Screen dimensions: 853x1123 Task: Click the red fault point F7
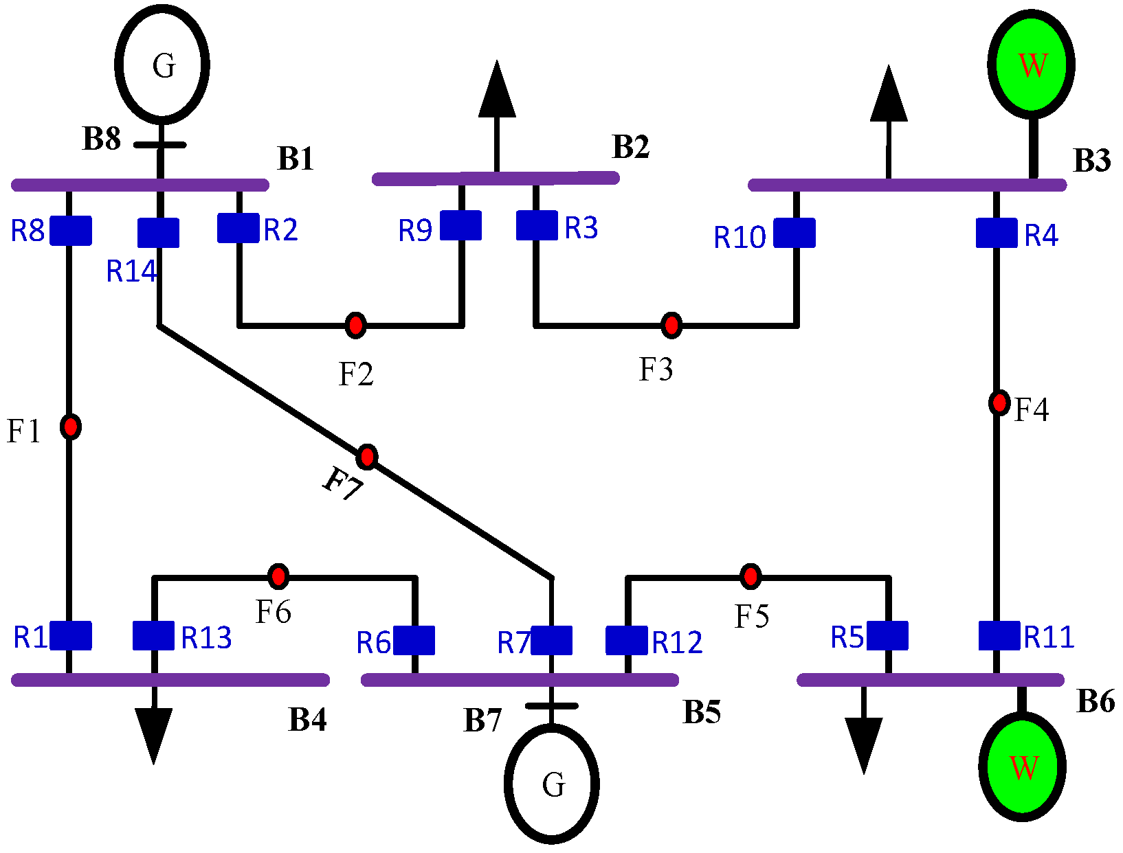[x=368, y=456]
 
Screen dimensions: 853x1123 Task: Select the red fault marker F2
[x=355, y=324]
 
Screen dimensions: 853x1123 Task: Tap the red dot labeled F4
[x=999, y=402]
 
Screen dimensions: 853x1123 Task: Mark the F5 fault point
[x=750, y=576]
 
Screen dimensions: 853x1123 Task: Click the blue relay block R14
[x=158, y=233]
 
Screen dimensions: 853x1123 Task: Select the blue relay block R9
[x=460, y=225]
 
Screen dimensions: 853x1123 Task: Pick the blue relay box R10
[x=794, y=233]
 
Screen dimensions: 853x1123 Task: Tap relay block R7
[x=551, y=640]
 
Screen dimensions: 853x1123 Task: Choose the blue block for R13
[x=153, y=635]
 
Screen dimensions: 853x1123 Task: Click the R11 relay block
[x=999, y=635]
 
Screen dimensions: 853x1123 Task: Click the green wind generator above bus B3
[x=1032, y=64]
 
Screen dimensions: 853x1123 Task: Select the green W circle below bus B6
[x=1023, y=766]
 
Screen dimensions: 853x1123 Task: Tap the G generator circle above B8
[x=162, y=64]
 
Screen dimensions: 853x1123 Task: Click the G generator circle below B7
[x=552, y=783]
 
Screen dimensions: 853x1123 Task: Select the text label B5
[x=702, y=712]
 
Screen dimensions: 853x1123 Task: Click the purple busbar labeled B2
[x=496, y=179]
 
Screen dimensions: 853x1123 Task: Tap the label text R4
[x=1041, y=236]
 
